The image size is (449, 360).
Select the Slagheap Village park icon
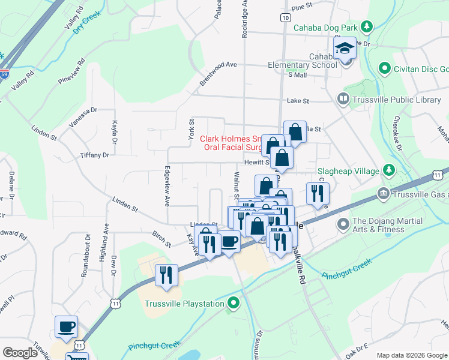pos(388,171)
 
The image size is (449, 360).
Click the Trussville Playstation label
pos(184,304)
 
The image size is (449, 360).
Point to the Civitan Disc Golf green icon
pos(385,68)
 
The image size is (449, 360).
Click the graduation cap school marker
pos(345,47)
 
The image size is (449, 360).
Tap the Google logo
pos(19,353)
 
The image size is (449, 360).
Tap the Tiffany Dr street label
pos(94,155)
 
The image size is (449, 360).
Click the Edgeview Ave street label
pos(167,186)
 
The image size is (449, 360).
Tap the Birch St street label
pos(161,238)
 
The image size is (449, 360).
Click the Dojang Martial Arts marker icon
pos(343,225)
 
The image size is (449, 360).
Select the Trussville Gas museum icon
pos(383,194)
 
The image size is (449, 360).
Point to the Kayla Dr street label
pos(113,133)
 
